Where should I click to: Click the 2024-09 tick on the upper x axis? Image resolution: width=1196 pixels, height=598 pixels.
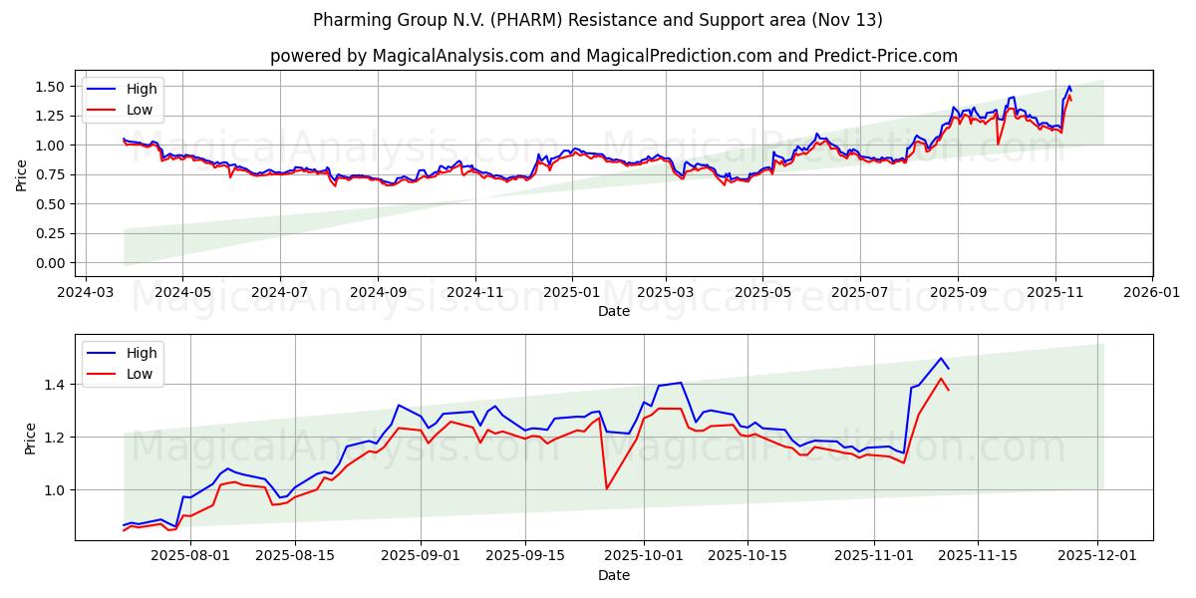378,293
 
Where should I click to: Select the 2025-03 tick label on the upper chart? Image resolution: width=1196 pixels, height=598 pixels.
667,293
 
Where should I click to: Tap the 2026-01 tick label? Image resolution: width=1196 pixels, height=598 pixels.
1152,293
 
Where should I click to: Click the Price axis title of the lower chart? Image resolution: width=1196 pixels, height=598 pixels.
30,438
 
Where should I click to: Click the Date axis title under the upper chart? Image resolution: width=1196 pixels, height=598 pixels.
613,311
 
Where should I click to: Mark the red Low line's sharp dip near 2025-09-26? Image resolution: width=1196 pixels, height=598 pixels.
606,487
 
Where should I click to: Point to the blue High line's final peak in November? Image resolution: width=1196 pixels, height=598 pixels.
940,358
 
